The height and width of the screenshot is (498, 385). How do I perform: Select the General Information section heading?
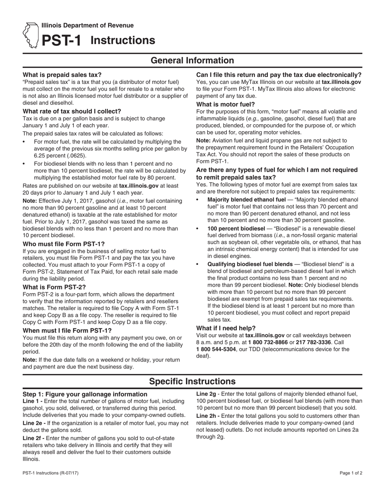pos(192,61)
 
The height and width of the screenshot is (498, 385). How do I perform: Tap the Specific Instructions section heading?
pos(192,381)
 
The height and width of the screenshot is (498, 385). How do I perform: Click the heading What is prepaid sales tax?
pos(62,74)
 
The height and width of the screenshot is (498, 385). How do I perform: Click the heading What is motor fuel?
pos(226,104)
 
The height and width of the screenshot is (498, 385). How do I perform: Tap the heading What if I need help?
pos(226,328)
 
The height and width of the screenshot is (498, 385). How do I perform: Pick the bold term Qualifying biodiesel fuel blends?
pos(250,264)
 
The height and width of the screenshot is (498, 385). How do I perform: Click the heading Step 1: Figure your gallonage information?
pos(85,394)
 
